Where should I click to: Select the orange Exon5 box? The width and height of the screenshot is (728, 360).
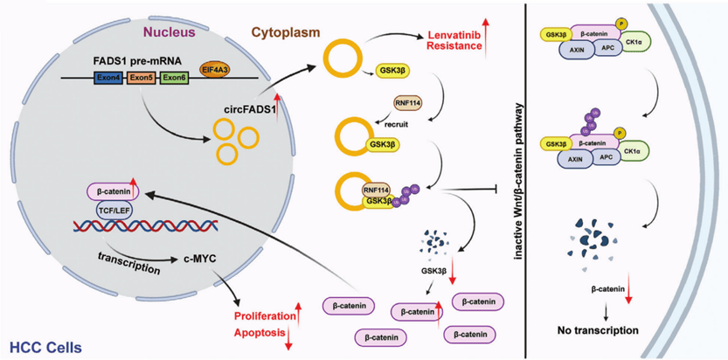click(x=142, y=79)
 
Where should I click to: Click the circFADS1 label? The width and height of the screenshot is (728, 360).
click(x=244, y=111)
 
